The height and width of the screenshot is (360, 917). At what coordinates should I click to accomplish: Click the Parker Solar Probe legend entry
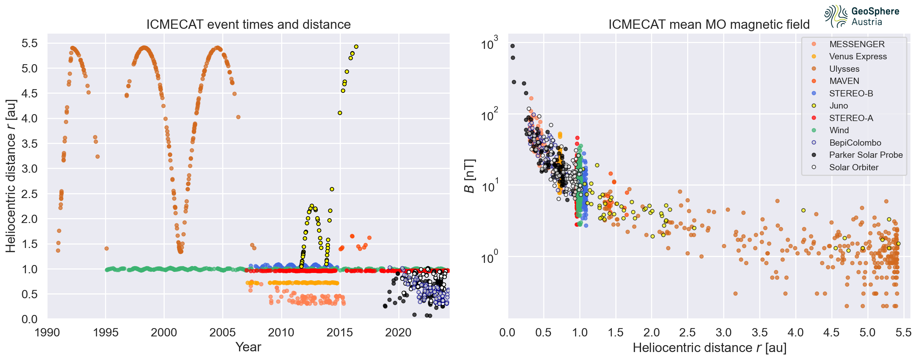coord(865,155)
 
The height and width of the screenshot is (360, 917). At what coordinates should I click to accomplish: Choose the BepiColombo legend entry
coord(855,143)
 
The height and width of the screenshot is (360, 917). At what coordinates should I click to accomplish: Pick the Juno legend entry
coord(838,105)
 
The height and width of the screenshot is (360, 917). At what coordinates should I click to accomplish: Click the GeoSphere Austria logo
coord(862,16)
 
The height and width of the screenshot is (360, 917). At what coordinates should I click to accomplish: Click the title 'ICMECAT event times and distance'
coord(249,24)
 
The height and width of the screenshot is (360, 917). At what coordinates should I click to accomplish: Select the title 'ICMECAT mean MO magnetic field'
coord(709,24)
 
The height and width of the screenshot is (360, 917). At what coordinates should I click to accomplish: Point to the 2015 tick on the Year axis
coord(340,332)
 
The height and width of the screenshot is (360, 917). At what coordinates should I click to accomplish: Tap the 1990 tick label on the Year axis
coord(47,332)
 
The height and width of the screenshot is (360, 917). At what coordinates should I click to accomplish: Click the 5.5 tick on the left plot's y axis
coord(29,43)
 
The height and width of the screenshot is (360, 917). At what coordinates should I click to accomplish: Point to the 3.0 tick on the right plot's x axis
coord(723,332)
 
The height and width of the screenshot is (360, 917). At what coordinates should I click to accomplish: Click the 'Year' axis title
coord(248,347)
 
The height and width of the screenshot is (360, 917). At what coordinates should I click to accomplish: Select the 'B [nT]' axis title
coord(469,175)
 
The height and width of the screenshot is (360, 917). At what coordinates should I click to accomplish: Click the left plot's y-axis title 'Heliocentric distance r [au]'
coord(11,175)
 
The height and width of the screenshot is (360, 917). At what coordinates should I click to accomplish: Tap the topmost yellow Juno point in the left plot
coord(356,46)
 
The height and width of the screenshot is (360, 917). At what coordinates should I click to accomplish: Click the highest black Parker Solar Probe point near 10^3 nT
coord(512,46)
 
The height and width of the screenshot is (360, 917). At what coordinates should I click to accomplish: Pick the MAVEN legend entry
coord(844,81)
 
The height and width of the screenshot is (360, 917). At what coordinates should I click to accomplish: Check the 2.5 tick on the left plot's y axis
coord(29,194)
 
